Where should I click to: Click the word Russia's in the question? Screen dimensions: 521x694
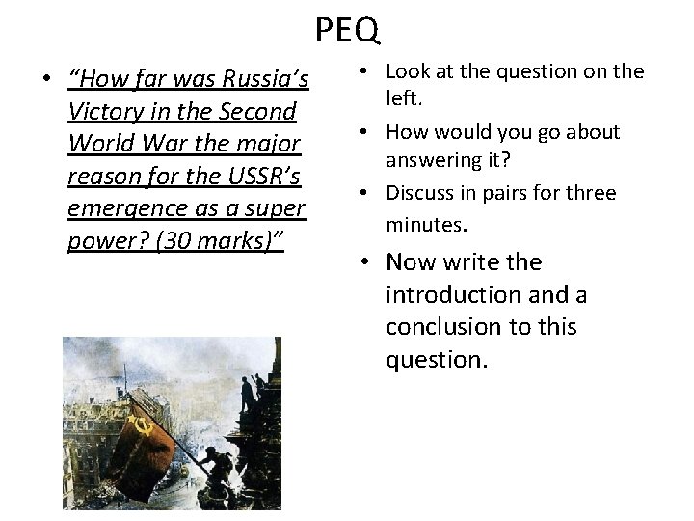(x=265, y=79)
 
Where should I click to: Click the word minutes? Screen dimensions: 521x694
(x=425, y=224)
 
